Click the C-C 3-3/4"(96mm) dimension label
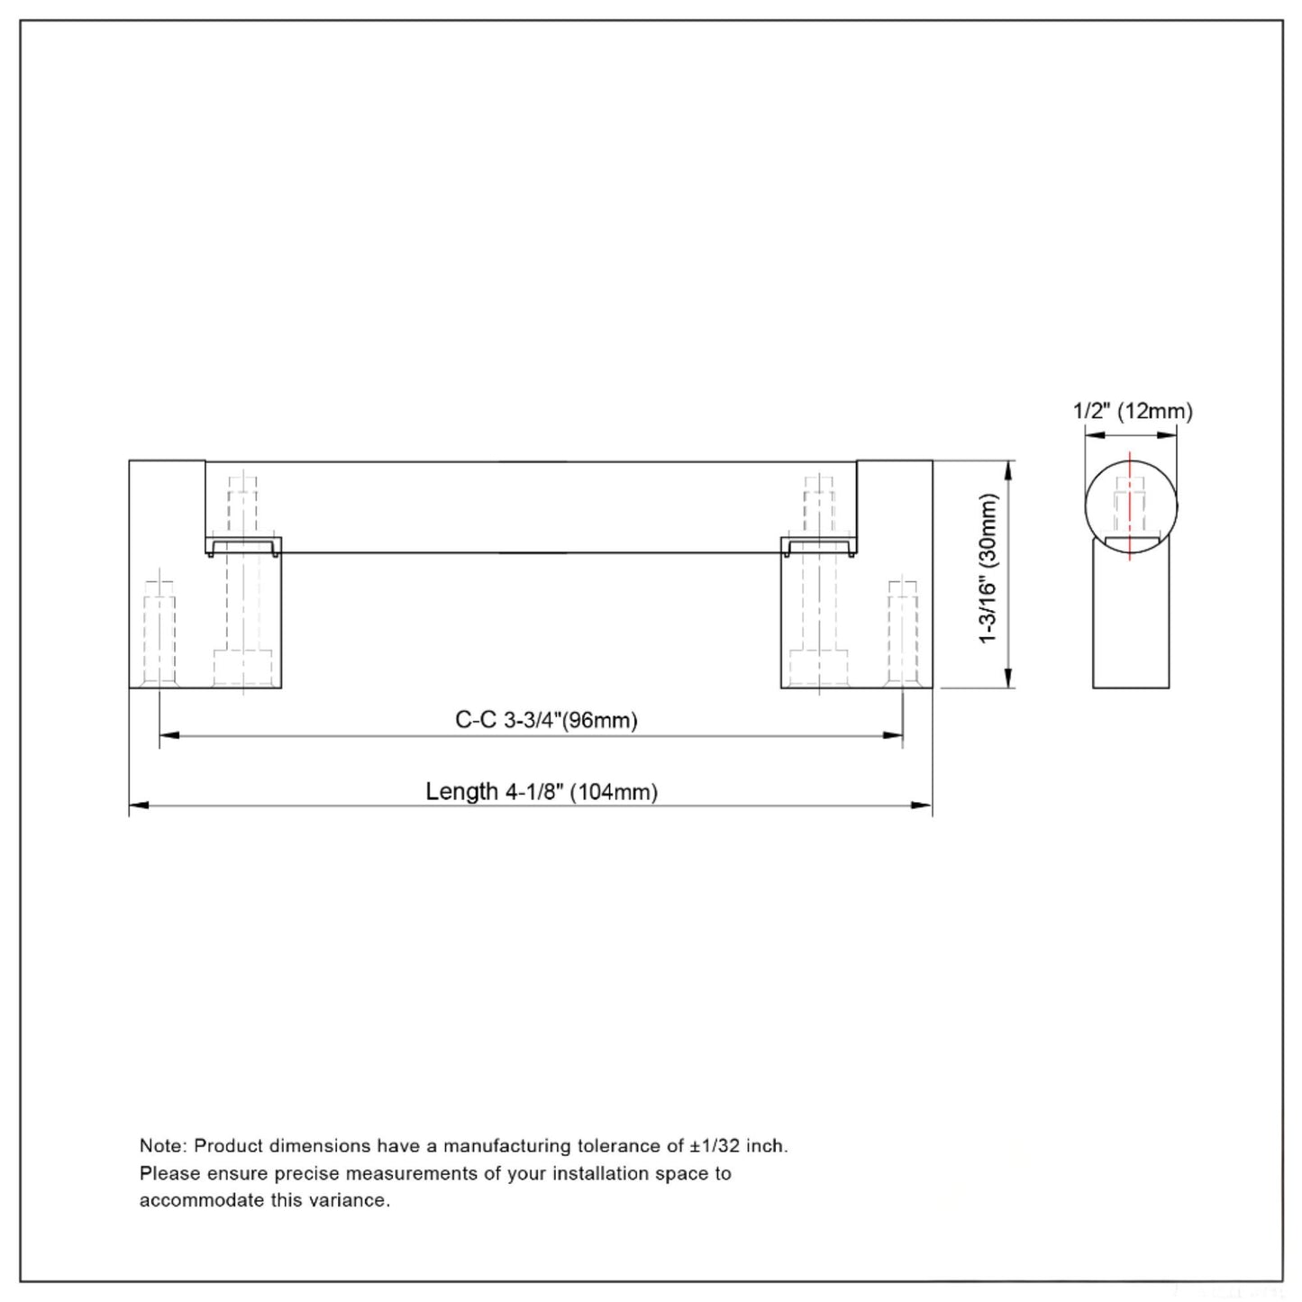tap(546, 720)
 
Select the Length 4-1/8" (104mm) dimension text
tap(542, 792)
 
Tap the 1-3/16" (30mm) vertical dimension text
tap(989, 569)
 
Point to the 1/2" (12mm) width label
tap(1132, 412)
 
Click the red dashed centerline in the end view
tap(1130, 505)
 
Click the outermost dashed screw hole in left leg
tap(159, 635)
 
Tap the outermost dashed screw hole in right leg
tap(902, 635)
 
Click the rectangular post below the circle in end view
tap(1131, 622)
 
